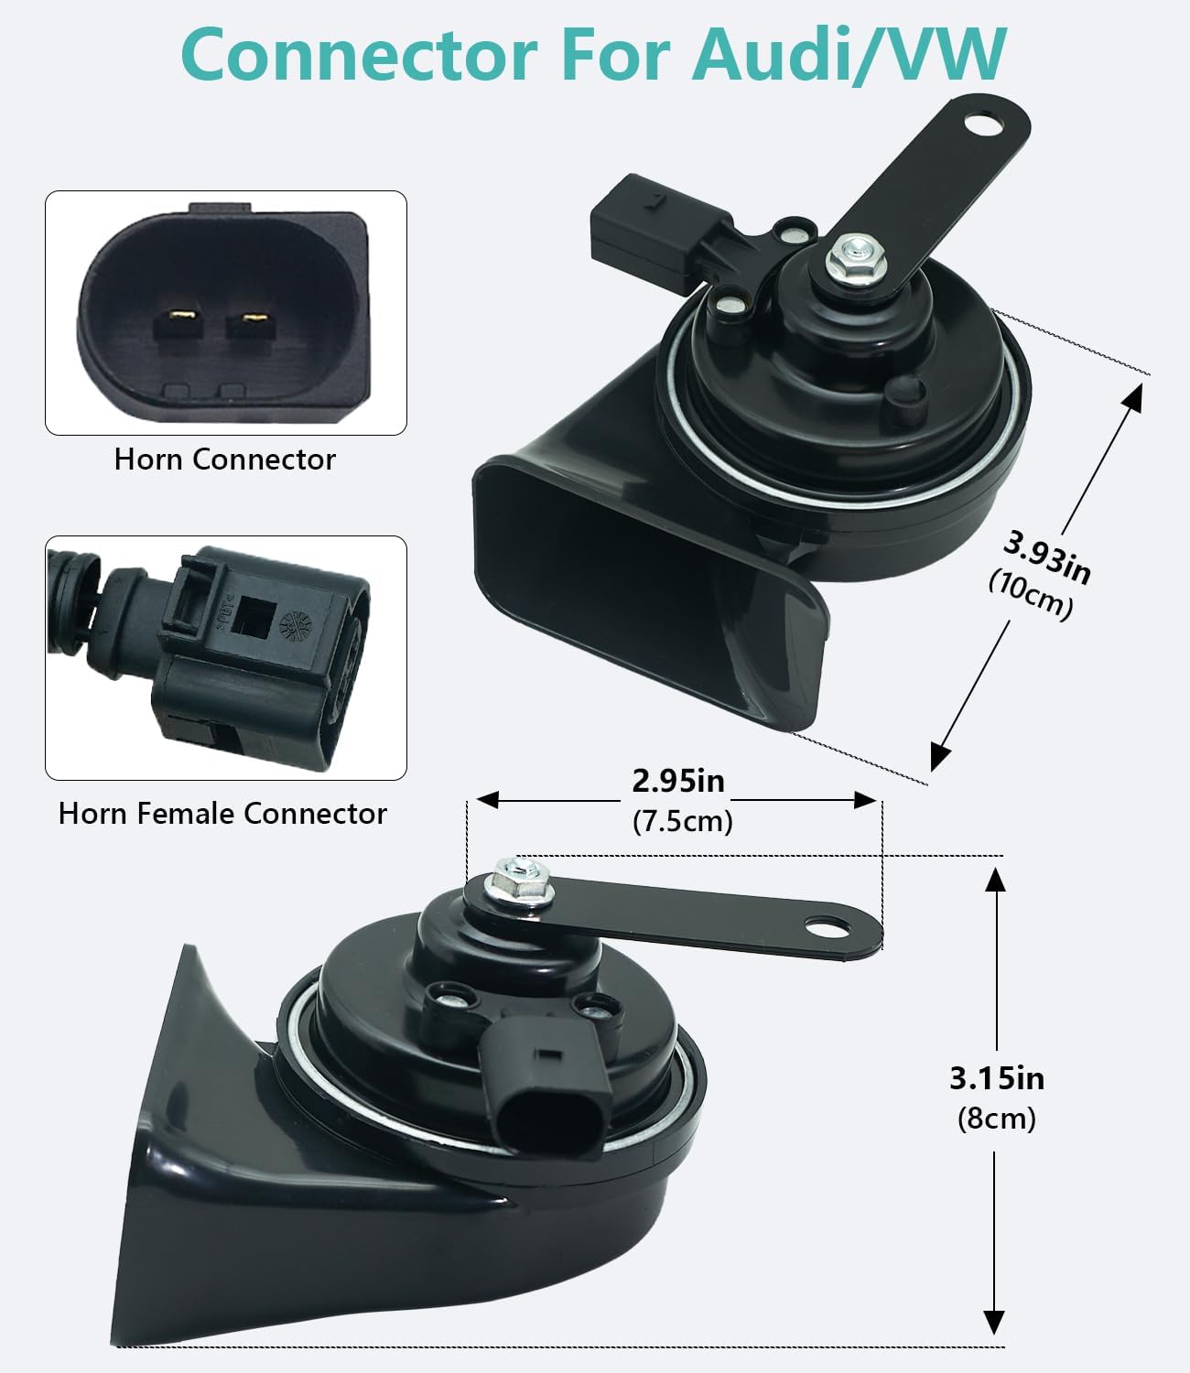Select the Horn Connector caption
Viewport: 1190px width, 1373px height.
[x=225, y=459]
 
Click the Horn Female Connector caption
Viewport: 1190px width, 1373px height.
[x=222, y=814]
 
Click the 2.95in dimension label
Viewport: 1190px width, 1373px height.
[x=678, y=781]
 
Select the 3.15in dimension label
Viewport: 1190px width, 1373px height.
[x=996, y=1078]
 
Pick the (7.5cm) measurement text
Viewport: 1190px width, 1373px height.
[x=683, y=821]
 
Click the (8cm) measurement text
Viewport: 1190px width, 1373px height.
[x=997, y=1119]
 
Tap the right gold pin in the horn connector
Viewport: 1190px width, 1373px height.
[x=254, y=321]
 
